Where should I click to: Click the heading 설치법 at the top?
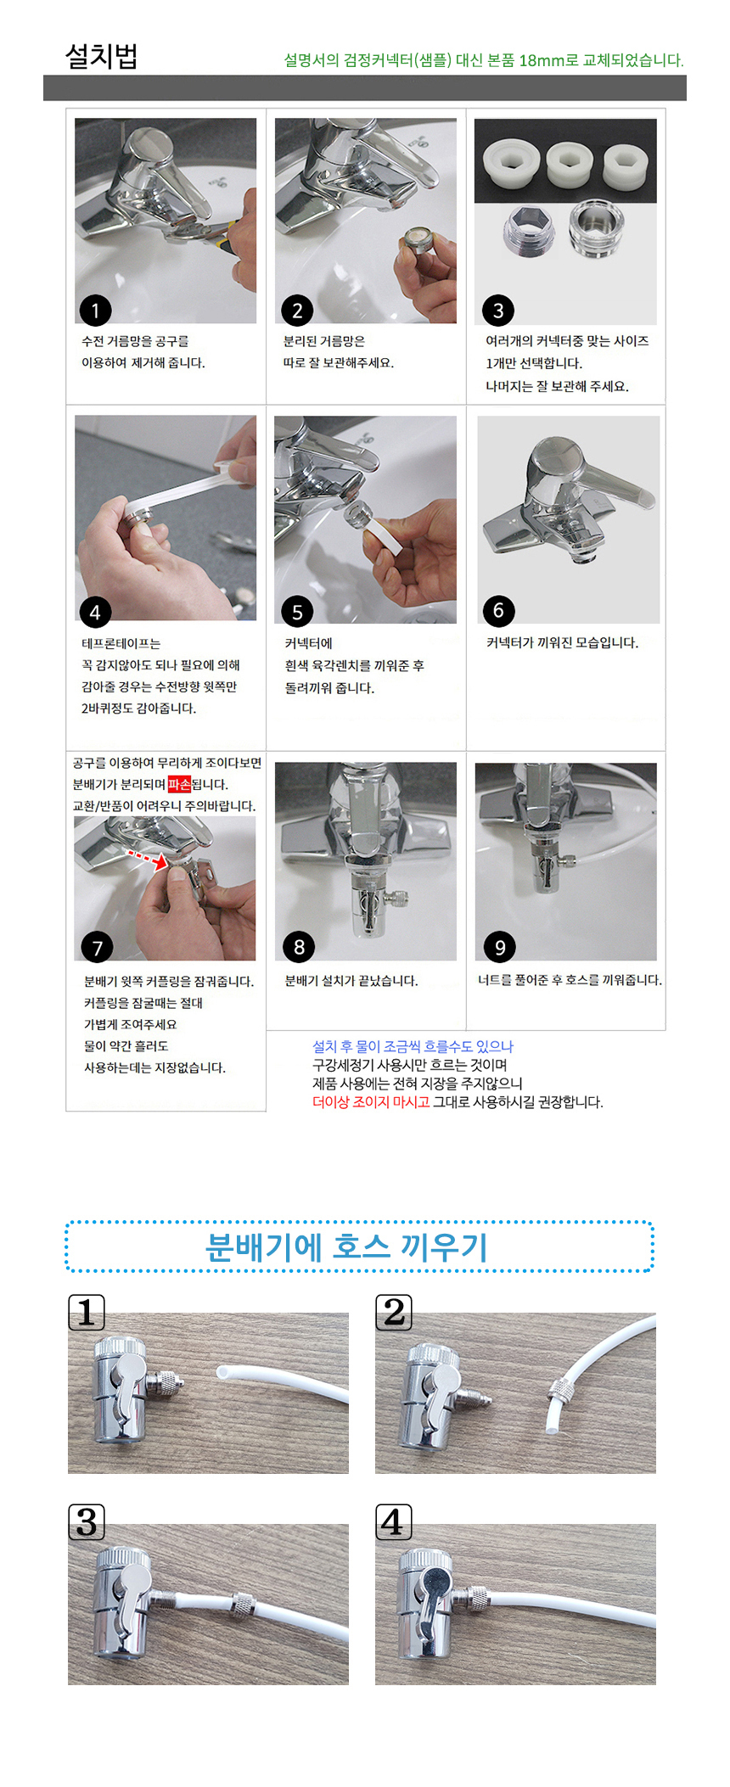[x=101, y=56]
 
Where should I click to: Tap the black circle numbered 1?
[x=95, y=311]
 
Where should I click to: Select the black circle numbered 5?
[x=297, y=612]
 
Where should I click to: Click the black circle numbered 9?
[x=499, y=947]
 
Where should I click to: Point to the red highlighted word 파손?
[x=179, y=784]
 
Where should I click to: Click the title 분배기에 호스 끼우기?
[x=346, y=1246]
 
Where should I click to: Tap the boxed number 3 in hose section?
[x=87, y=1522]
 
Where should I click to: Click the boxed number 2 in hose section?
[x=394, y=1313]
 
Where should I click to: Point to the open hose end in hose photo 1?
[x=223, y=1371]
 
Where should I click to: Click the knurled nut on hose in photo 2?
[x=559, y=1390]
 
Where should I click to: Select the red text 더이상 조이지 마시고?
[x=371, y=1102]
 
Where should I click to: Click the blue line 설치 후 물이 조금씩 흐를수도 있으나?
[x=413, y=1046]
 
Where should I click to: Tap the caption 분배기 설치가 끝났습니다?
[x=351, y=981]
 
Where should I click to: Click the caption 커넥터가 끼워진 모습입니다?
[x=562, y=642]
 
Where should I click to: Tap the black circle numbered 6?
[x=498, y=611]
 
